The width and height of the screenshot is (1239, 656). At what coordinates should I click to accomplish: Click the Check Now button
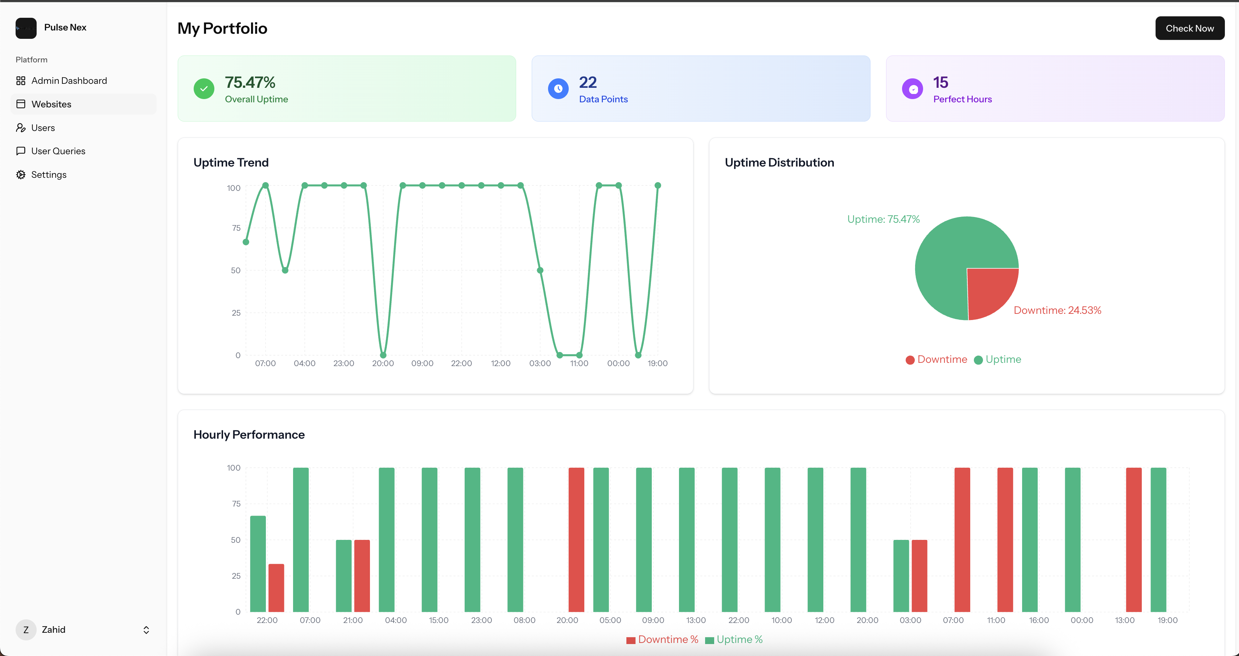1189,28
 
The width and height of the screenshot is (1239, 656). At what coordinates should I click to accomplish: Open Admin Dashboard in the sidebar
69,81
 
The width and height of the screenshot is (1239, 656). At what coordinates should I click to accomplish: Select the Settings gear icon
21,175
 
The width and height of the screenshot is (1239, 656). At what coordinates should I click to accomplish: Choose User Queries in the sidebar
58,151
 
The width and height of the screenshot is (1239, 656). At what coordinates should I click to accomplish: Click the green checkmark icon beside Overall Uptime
204,89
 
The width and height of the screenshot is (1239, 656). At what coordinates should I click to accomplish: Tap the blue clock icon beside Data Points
558,89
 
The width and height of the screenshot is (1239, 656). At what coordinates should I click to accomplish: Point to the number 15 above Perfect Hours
940,82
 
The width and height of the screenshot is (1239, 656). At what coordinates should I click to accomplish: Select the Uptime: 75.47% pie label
883,220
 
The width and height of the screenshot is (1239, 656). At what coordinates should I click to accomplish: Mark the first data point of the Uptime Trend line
246,242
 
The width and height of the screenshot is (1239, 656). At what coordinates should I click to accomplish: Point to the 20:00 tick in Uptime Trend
383,363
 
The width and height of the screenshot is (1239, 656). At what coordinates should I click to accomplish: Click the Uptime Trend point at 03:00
540,270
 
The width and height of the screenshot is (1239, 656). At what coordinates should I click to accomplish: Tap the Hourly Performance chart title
249,435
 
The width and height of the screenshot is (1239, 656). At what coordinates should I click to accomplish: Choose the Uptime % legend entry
734,640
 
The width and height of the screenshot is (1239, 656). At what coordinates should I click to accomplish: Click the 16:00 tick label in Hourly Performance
1039,620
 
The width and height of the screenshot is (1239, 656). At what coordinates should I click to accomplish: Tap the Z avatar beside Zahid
26,630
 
